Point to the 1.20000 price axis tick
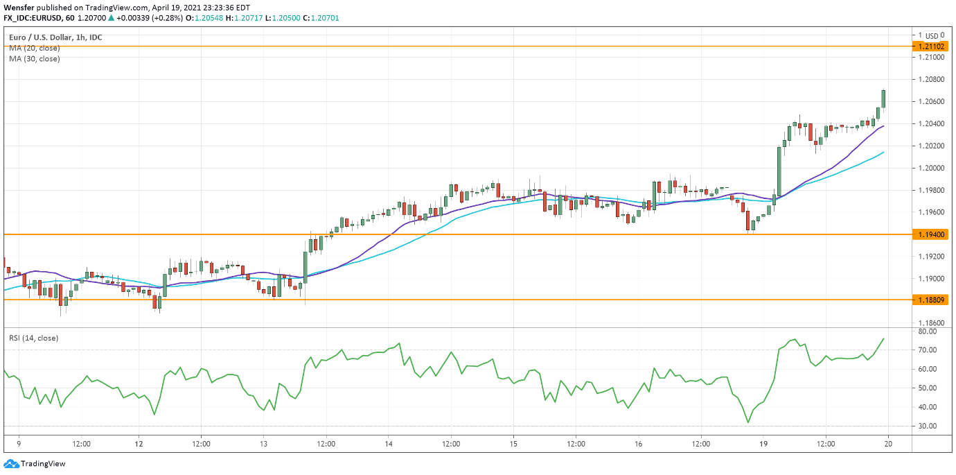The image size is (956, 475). pos(930,168)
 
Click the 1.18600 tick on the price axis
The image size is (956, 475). pos(930,323)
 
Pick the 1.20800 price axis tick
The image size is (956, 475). pos(930,79)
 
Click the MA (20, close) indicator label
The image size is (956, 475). pos(35,48)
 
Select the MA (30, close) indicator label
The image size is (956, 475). pos(35,59)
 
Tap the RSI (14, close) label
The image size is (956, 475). pos(33,338)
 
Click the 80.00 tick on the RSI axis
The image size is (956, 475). pos(928,331)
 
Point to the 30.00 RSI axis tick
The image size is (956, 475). pos(928,426)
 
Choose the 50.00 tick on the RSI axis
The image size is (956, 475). pos(928,388)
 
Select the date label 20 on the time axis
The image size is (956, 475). pos(887,442)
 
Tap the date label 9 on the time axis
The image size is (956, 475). pos(19,442)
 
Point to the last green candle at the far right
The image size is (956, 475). pos(883,98)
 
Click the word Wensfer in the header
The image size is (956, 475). pos(19,7)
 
